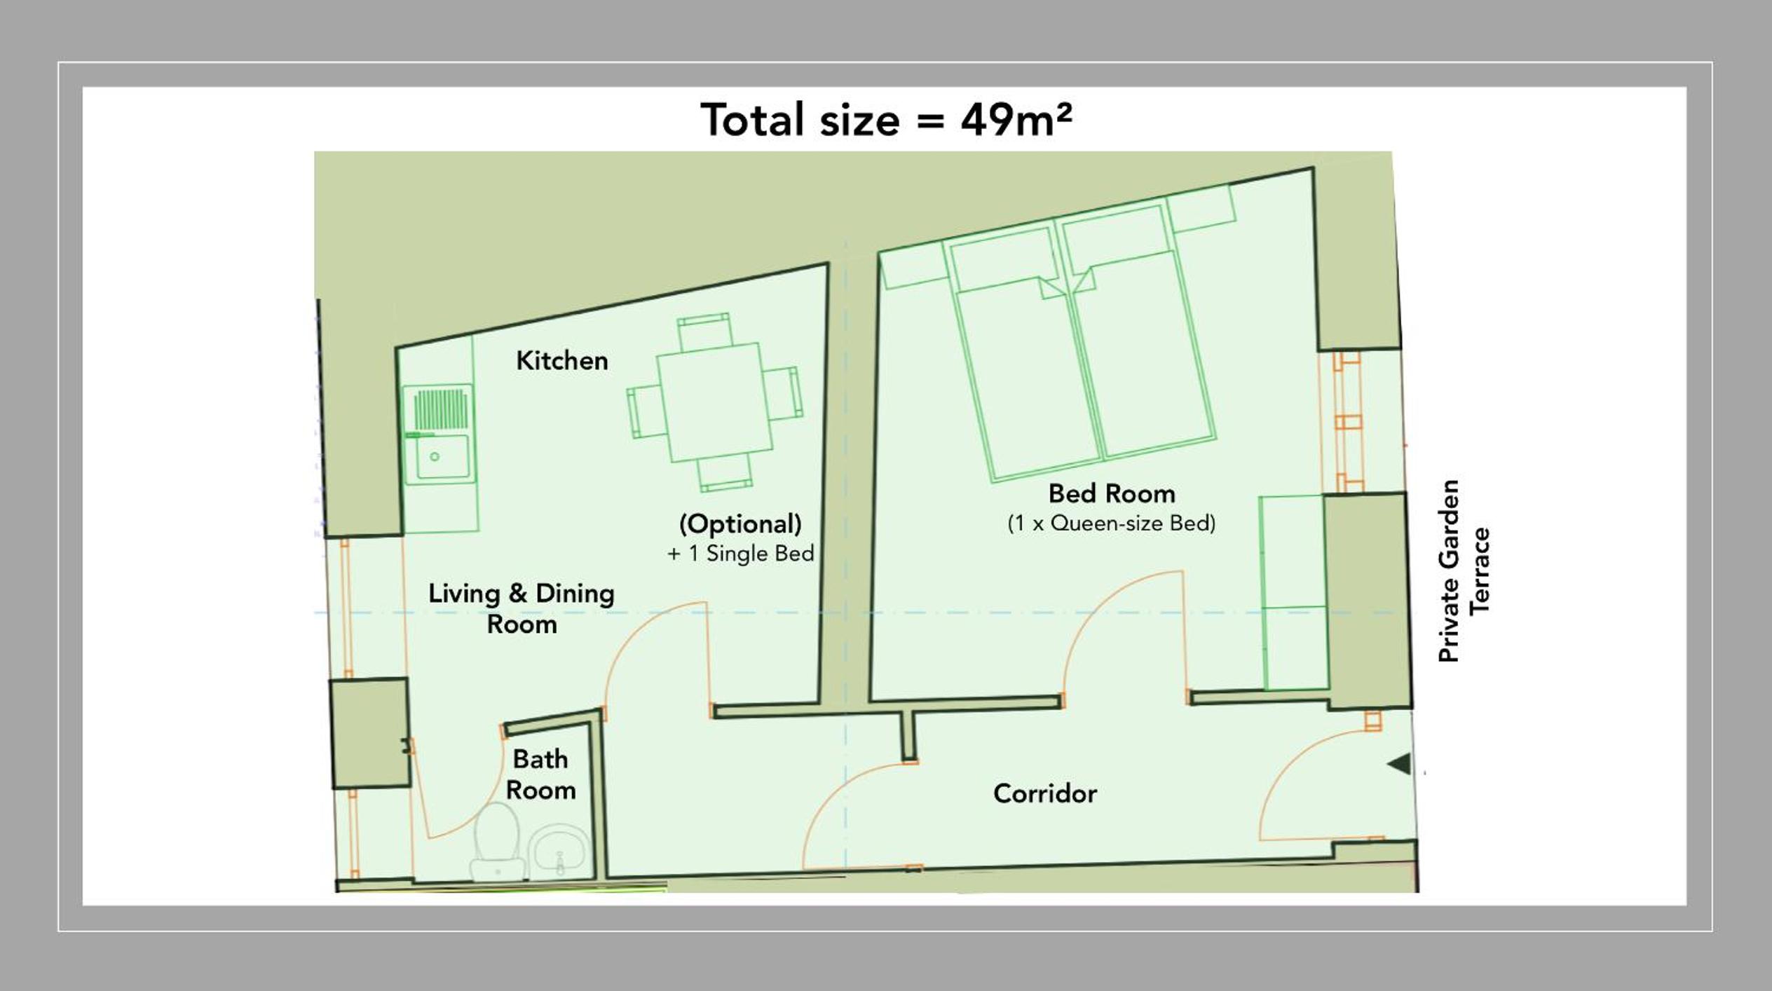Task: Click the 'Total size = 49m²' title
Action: click(886, 120)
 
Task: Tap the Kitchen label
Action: click(562, 361)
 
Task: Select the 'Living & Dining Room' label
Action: click(522, 608)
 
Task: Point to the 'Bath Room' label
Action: click(540, 774)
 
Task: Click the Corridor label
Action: click(1044, 793)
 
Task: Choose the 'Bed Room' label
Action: click(1112, 493)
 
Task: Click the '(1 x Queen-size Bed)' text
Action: click(1112, 524)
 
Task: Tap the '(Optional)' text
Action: click(740, 524)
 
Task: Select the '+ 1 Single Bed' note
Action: click(741, 554)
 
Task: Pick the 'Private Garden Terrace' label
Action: click(1463, 571)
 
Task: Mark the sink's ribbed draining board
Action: click(441, 410)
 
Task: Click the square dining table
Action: click(714, 402)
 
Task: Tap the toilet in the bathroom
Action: click(497, 844)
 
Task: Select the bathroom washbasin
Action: click(559, 852)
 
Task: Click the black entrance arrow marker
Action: click(1399, 764)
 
